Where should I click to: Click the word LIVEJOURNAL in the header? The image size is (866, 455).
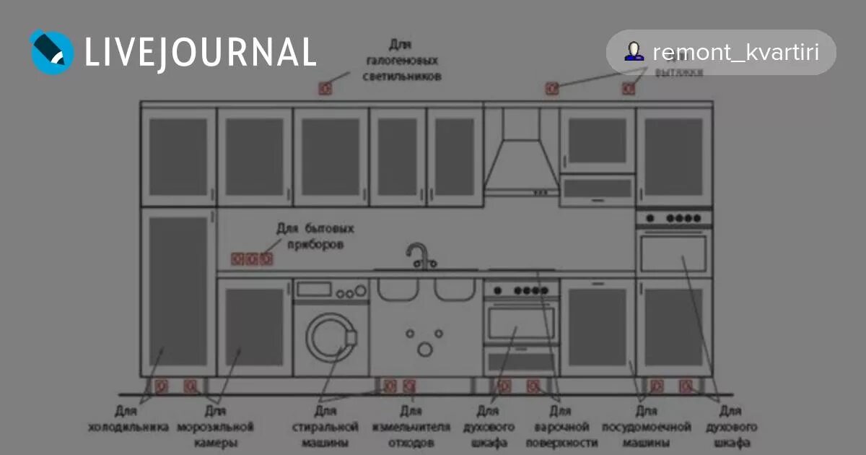[201, 52]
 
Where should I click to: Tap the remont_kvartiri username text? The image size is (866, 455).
[735, 52]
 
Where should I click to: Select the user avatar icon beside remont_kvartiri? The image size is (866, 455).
[634, 51]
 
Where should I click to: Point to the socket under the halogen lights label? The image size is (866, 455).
[325, 89]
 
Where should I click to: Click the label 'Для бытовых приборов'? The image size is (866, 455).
[315, 236]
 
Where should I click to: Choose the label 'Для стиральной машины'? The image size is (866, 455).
[325, 427]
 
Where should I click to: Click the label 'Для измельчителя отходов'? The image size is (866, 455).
[411, 427]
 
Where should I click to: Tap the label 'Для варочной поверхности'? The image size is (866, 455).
[561, 427]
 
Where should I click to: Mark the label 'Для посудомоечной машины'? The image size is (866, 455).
[646, 427]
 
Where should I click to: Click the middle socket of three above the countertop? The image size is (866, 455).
[252, 259]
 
